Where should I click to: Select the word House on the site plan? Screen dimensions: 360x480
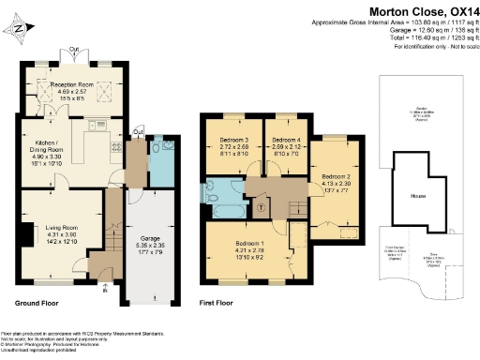pyautogui.click(x=419, y=196)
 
